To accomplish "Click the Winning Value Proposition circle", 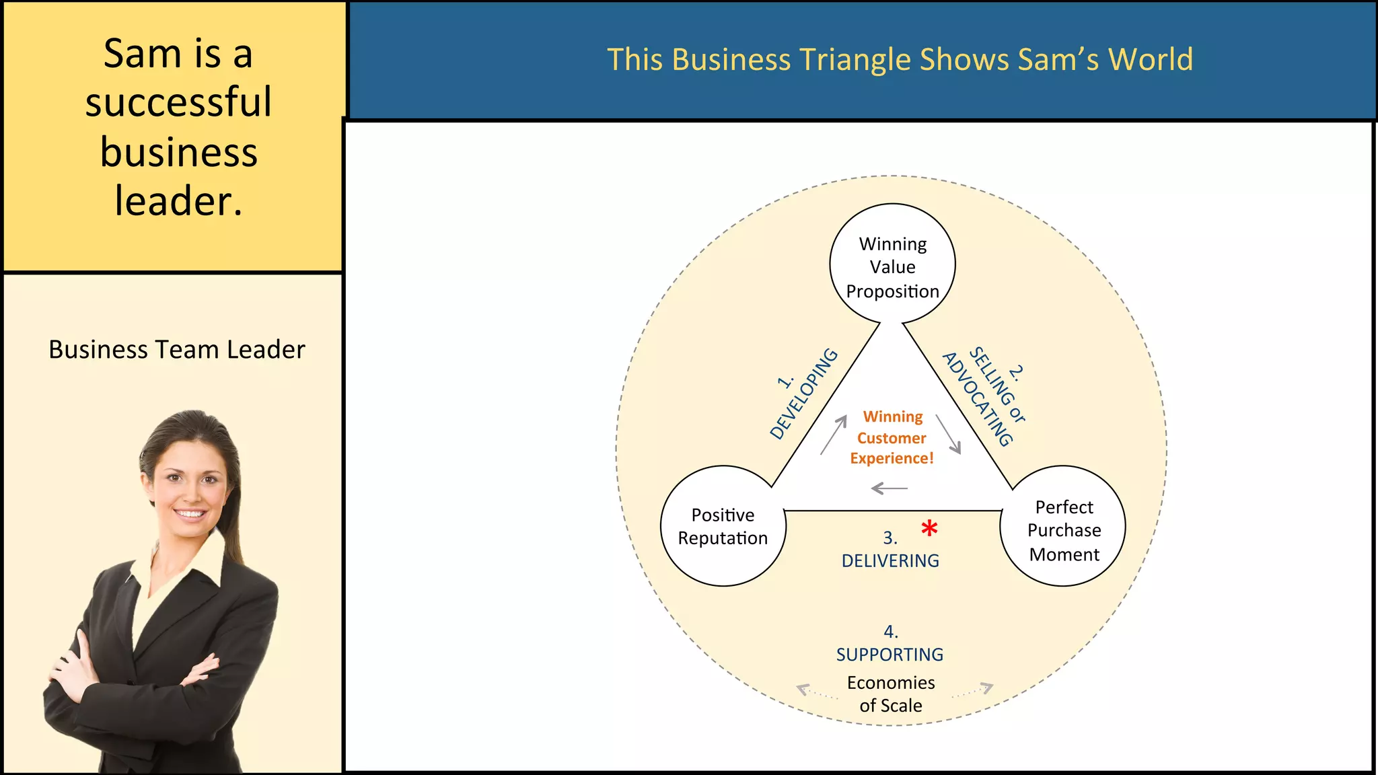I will point(892,264).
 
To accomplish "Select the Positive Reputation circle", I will point(723,526).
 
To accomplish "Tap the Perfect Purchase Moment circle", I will point(1063,526).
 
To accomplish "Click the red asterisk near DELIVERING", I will point(929,528).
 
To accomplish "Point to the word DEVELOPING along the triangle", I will point(805,394).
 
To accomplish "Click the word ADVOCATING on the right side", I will point(977,400).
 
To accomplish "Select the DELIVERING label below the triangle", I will point(890,560).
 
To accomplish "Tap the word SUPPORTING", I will point(890,655).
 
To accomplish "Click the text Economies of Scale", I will point(891,694).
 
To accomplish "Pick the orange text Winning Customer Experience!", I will point(892,437).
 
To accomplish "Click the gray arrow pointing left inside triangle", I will point(889,488).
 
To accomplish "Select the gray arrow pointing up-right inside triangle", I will point(834,435).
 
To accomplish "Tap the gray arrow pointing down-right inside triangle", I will point(949,434).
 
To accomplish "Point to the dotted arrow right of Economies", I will point(973,690).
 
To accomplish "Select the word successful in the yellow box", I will point(178,102).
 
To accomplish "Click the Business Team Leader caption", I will point(177,350).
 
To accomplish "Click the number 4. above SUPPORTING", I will point(890,632).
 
